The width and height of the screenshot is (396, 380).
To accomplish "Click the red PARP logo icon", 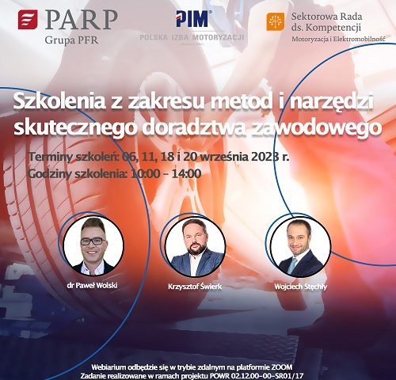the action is pos(28,19).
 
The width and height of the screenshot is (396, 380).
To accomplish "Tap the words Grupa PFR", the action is pos(71,40).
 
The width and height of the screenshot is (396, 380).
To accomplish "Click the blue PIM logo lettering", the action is pos(192,19).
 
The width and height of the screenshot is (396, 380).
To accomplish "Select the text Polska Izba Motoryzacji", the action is pos(192,38).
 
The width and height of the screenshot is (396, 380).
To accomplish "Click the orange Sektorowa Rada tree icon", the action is pos(276,21).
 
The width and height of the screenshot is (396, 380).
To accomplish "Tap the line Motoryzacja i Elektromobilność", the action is pos(338,39).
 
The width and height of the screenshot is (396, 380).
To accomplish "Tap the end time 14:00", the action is pos(186,173).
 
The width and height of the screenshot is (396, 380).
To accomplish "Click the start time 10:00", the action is pos(146,173).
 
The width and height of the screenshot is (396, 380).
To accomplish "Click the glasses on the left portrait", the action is pos(93,241).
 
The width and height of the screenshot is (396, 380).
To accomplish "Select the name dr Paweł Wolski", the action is pos(92,286).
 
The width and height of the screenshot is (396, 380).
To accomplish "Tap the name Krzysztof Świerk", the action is pos(195,287).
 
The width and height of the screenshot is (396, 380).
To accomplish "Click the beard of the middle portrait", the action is pos(196,249).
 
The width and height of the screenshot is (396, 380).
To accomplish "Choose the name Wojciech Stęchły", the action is pos(301,287).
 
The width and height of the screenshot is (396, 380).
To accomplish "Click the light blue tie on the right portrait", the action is pos(292,266).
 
